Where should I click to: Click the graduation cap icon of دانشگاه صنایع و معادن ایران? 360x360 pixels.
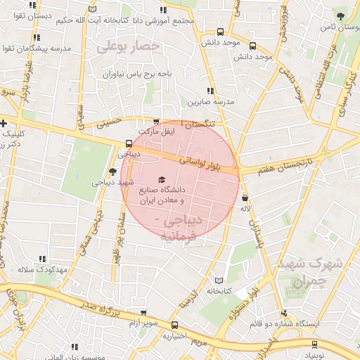(x=162, y=181)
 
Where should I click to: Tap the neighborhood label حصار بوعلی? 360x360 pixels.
(x=130, y=47)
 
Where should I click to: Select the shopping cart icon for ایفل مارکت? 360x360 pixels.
(x=155, y=121)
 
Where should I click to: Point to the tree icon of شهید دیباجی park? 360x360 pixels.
(x=112, y=172)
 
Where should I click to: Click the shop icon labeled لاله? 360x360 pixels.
(x=245, y=198)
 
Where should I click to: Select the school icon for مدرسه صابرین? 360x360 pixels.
(x=210, y=91)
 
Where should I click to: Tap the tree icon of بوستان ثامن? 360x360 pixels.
(x=341, y=16)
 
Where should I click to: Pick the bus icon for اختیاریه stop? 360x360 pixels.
(x=175, y=325)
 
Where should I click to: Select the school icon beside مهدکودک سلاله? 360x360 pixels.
(x=43, y=259)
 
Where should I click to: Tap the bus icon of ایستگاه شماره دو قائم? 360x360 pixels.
(x=283, y=314)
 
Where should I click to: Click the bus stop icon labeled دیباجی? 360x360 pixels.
(x=128, y=143)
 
